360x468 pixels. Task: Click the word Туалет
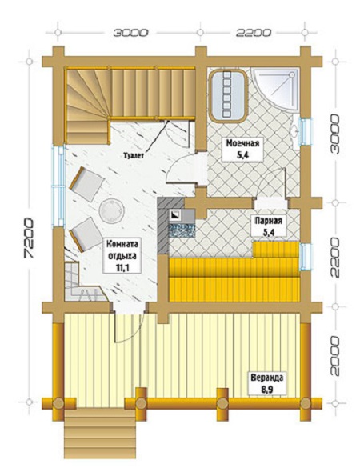tap(134, 155)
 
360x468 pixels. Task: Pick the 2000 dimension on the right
tap(335, 356)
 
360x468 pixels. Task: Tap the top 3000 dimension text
tap(130, 32)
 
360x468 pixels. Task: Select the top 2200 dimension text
tap(254, 32)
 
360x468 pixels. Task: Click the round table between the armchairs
tap(111, 210)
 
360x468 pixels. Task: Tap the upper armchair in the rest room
tap(86, 183)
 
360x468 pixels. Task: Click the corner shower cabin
tap(274, 90)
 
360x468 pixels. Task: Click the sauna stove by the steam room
tap(182, 223)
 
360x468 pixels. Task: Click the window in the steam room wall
tap(306, 257)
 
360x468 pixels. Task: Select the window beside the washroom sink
tap(306, 132)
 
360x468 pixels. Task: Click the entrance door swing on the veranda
tap(129, 327)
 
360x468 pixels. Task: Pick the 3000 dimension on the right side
tap(335, 134)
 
